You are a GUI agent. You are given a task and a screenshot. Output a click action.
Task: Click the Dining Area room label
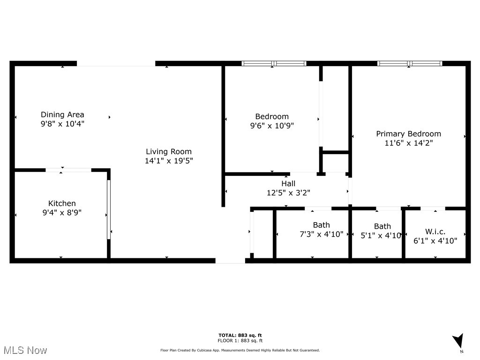(62, 114)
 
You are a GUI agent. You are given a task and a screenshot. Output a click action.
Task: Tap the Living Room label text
(169, 151)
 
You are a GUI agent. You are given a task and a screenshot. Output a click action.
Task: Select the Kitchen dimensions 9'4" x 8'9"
(62, 212)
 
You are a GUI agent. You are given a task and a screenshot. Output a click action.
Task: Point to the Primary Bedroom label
(408, 134)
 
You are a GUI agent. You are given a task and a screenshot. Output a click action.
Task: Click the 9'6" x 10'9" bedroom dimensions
(272, 126)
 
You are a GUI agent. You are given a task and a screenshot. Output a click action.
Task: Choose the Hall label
(288, 183)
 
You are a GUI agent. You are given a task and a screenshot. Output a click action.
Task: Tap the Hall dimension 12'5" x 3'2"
(288, 192)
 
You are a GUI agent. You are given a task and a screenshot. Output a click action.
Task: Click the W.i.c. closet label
(435, 231)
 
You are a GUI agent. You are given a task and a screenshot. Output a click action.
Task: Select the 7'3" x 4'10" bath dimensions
(322, 234)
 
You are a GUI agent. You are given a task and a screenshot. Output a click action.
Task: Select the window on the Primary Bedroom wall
(410, 63)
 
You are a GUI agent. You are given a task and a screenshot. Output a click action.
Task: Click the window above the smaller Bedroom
(274, 63)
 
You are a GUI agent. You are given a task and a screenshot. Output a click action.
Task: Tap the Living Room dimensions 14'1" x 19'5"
(169, 161)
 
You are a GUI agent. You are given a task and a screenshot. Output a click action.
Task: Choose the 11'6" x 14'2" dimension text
(408, 143)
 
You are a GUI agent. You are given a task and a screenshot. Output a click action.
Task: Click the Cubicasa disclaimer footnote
(240, 350)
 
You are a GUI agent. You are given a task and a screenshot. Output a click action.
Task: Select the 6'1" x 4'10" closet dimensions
(435, 240)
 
